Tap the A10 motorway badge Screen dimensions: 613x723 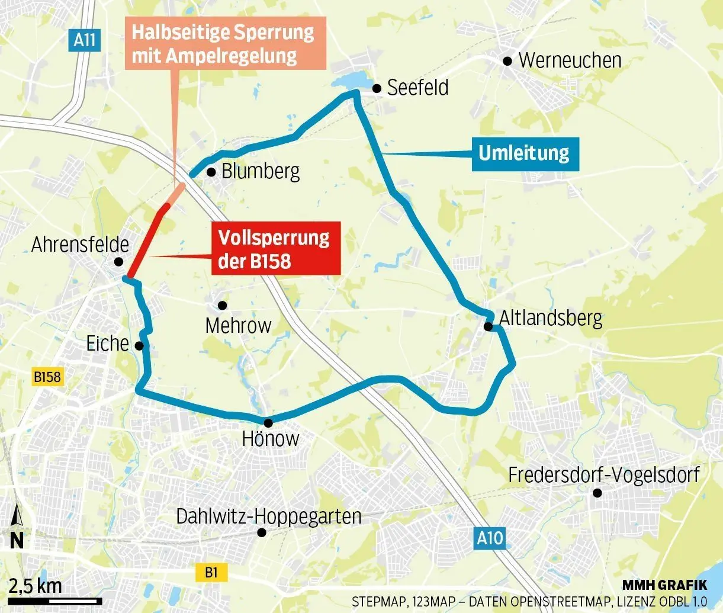490,538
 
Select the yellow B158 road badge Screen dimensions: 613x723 47,377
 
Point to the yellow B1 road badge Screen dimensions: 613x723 211,572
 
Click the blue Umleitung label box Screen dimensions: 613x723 525,153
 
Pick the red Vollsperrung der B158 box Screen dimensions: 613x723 275,249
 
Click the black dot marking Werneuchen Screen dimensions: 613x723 507,60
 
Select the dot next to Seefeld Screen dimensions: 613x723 377,89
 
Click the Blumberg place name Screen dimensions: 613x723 261,172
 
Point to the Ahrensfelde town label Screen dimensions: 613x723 80,244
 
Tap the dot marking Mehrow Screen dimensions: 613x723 223,306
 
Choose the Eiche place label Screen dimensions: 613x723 107,344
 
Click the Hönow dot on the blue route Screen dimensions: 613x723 268,422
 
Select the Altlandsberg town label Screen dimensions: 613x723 551,318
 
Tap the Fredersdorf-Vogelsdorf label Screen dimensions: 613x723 604,474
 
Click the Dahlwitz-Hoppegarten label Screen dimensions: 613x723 269,516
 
